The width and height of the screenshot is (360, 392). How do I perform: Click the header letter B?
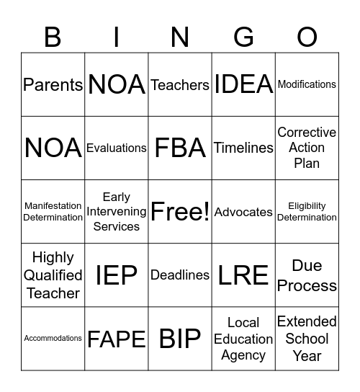point(53,36)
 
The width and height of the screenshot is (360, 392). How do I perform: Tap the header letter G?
point(243,36)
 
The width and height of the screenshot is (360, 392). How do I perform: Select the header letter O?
point(307,36)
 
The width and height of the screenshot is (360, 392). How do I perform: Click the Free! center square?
point(180,212)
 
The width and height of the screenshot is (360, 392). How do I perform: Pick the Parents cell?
point(53,84)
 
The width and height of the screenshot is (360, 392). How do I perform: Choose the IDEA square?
point(243,84)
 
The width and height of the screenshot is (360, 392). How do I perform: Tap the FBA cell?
point(180,148)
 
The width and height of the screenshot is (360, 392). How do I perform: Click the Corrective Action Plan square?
point(307,148)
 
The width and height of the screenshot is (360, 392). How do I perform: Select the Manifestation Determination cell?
point(53,212)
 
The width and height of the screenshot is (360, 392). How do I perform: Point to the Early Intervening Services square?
point(117,212)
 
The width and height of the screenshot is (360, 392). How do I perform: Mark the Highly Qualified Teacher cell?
point(53,275)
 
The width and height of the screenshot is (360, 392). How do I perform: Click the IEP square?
point(117,275)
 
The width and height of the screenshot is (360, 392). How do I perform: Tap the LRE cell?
point(243,275)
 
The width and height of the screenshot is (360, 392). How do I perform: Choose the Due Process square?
point(307,275)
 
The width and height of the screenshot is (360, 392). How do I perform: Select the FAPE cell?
point(117,339)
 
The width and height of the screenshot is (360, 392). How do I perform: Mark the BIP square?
point(180,339)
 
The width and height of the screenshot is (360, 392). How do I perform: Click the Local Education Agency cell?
point(243,339)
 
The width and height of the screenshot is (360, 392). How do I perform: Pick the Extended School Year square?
point(307,339)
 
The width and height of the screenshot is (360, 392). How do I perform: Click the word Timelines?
point(243,148)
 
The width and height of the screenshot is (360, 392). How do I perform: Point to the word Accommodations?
point(53,338)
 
